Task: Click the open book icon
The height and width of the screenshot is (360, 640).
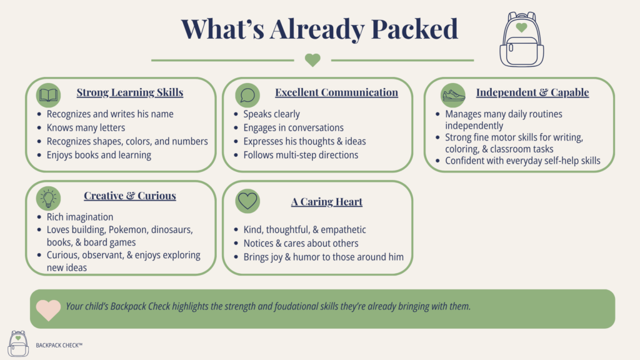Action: pos(48,95)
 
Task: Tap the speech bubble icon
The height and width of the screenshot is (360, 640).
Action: pos(247,95)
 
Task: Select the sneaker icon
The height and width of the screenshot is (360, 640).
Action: pos(453,95)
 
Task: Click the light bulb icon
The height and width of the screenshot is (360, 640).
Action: pos(48,198)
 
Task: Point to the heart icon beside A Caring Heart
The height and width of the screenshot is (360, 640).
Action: pos(247,201)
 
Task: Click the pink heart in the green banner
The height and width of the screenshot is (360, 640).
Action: pos(48,310)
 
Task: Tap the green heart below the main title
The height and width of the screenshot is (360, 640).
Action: pos(312,60)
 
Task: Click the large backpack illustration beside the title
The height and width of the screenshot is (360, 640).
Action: pos(522,39)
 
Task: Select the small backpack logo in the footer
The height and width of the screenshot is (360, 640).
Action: pos(18,344)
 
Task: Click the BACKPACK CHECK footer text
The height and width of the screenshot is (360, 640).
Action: pos(59,345)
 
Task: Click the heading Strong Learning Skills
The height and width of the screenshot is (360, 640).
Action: pos(130,92)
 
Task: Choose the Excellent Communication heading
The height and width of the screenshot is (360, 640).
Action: pos(336,92)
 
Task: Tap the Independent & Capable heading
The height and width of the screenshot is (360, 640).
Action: pos(532,92)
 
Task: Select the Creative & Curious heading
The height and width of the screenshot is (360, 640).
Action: pos(130,196)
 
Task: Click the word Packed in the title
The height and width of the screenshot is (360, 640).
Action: pos(414,29)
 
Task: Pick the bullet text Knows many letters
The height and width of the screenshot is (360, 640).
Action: pos(86,127)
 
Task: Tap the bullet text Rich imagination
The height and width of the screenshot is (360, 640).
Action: pos(80,217)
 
